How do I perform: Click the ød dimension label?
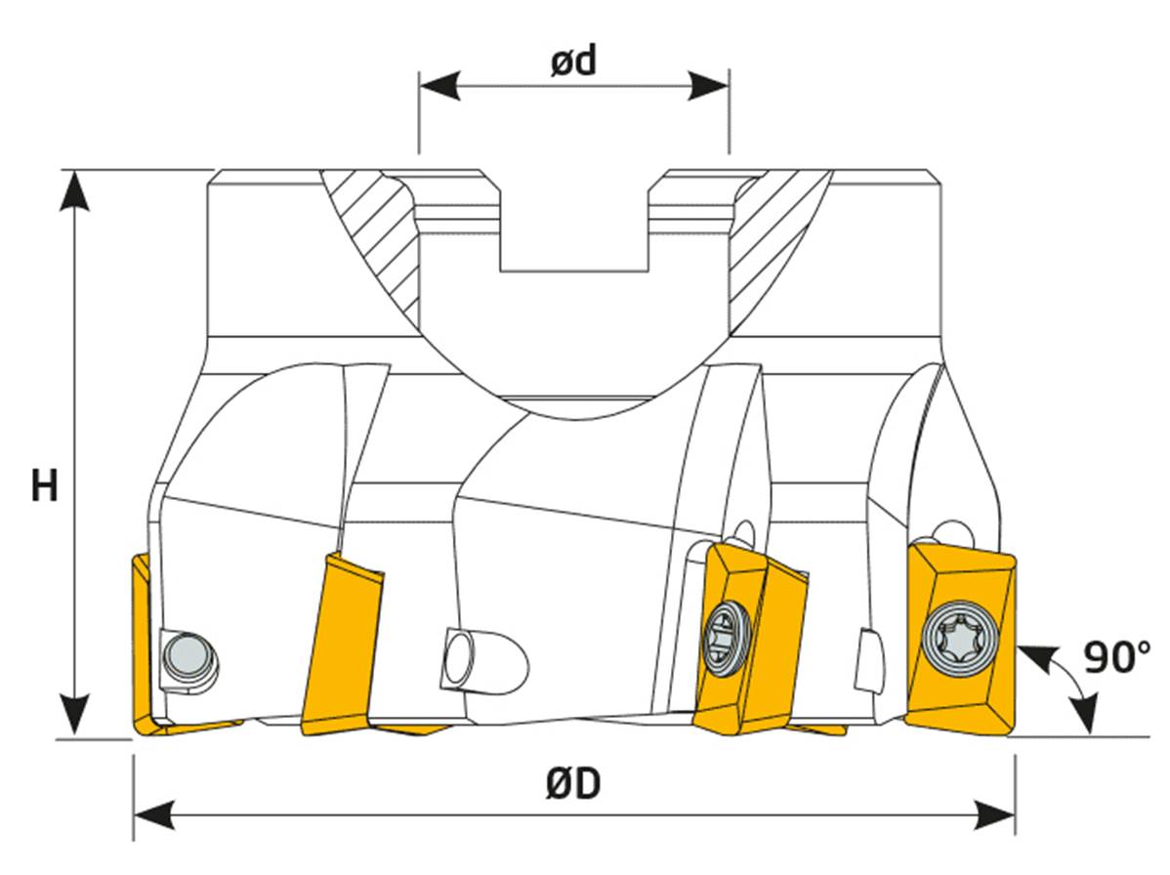point(573,62)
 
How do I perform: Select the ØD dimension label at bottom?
point(573,784)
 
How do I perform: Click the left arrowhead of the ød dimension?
point(439,85)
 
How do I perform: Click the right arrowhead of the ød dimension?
point(709,85)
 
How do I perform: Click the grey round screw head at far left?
point(185,653)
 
